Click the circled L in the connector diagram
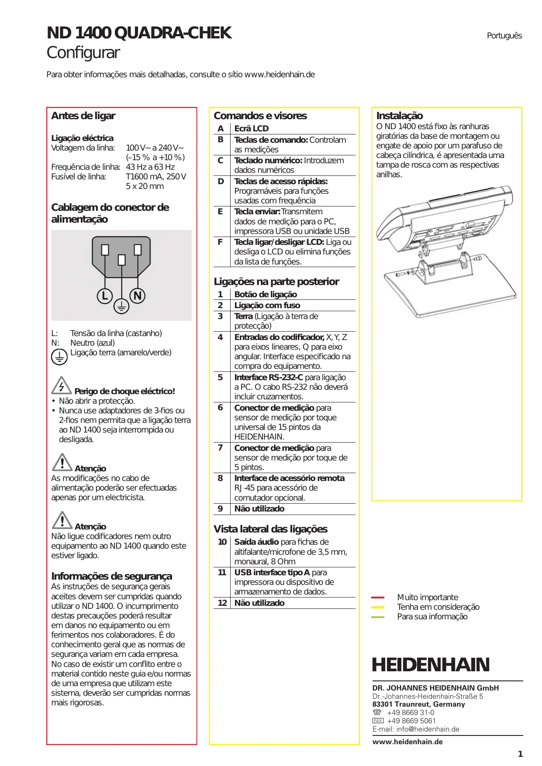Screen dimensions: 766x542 (x=105, y=296)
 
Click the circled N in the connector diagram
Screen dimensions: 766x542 (x=138, y=296)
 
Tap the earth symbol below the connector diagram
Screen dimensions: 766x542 (x=121, y=306)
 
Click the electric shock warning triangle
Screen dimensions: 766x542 (x=62, y=385)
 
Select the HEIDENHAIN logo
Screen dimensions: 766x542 (x=431, y=665)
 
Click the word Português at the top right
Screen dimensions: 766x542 (x=504, y=36)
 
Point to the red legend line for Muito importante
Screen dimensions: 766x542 (x=378, y=597)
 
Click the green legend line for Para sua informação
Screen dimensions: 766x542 (x=378, y=617)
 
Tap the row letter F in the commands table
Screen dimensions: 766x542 (x=220, y=242)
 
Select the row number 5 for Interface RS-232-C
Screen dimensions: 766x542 (x=220, y=377)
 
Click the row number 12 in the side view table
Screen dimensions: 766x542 (x=222, y=603)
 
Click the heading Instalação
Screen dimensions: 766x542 (x=400, y=116)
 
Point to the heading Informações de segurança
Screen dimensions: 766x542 (x=112, y=576)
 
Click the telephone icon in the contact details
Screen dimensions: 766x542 (x=377, y=712)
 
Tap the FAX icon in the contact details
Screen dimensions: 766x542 (x=378, y=721)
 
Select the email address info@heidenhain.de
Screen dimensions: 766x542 (x=428, y=729)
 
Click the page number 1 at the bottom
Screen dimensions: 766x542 (x=520, y=754)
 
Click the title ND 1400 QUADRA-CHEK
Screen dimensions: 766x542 (x=139, y=33)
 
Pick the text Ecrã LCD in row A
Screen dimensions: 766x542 (x=252, y=128)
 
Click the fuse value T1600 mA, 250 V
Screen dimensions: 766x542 (x=156, y=177)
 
